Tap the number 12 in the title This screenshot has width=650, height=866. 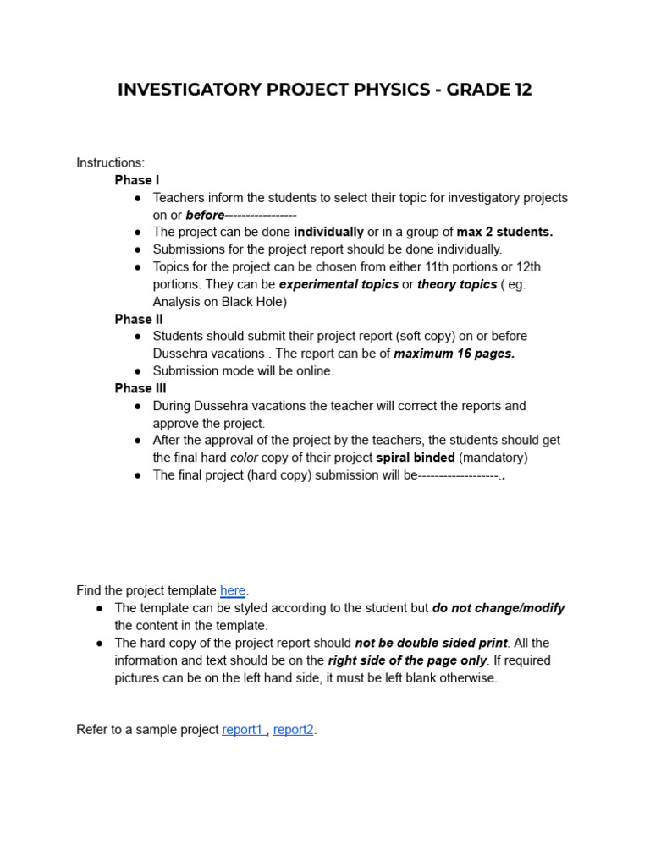point(521,90)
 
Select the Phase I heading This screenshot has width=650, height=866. point(137,180)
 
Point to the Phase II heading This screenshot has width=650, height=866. point(139,319)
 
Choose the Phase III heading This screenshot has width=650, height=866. point(140,388)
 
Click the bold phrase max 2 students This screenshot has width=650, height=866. point(504,232)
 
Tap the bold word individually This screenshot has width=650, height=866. point(328,232)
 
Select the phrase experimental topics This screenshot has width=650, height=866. point(339,284)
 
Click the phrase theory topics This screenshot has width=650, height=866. point(457,284)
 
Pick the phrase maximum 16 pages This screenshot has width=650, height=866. point(454,354)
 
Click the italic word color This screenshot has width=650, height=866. point(245,458)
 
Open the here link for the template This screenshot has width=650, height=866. point(233,590)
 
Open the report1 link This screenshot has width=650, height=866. point(243,729)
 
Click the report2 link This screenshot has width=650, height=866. point(294,729)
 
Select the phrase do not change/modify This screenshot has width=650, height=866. point(499,608)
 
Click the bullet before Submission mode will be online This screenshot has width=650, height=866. point(137,371)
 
